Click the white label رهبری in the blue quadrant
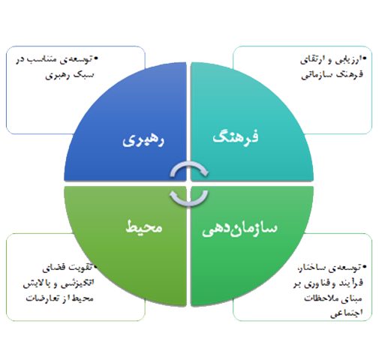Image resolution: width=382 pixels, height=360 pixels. click(143, 139)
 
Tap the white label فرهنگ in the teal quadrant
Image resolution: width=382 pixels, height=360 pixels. click(236, 136)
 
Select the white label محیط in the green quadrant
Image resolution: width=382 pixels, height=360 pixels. click(144, 226)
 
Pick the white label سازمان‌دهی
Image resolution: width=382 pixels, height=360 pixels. click(239, 228)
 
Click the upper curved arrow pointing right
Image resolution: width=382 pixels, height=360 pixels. click(189, 165)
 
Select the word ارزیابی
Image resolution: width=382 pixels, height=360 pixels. click(347, 60)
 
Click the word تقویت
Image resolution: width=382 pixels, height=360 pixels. click(81, 267)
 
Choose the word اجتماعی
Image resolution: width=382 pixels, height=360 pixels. click(347, 313)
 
